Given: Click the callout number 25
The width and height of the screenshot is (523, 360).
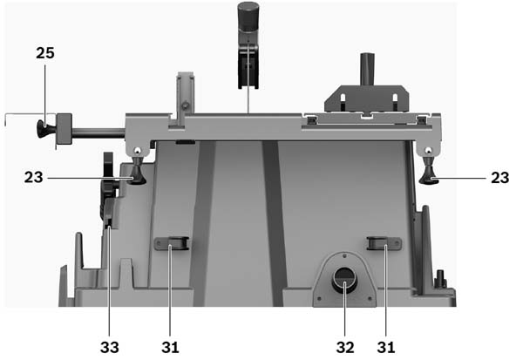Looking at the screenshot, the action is [x=45, y=53].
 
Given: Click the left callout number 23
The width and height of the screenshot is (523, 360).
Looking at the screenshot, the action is [x=33, y=177].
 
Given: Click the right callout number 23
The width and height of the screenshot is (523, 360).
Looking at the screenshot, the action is [x=499, y=178].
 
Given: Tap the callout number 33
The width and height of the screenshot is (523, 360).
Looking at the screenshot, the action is [x=110, y=347].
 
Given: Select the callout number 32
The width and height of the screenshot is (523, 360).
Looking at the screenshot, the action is [x=345, y=347].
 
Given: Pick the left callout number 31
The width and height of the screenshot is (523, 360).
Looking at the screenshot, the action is [x=170, y=347].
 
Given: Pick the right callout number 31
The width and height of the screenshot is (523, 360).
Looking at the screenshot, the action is [x=386, y=347].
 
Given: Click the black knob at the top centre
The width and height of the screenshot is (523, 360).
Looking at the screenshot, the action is [x=248, y=16].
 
